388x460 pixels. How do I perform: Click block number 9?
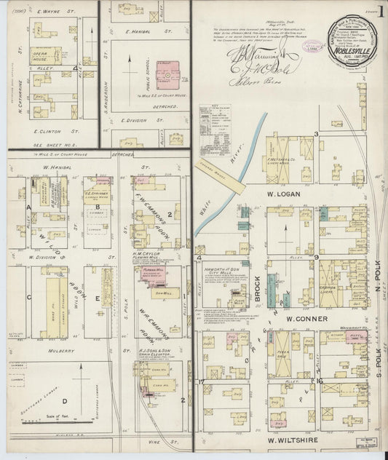[x=316, y=257]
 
